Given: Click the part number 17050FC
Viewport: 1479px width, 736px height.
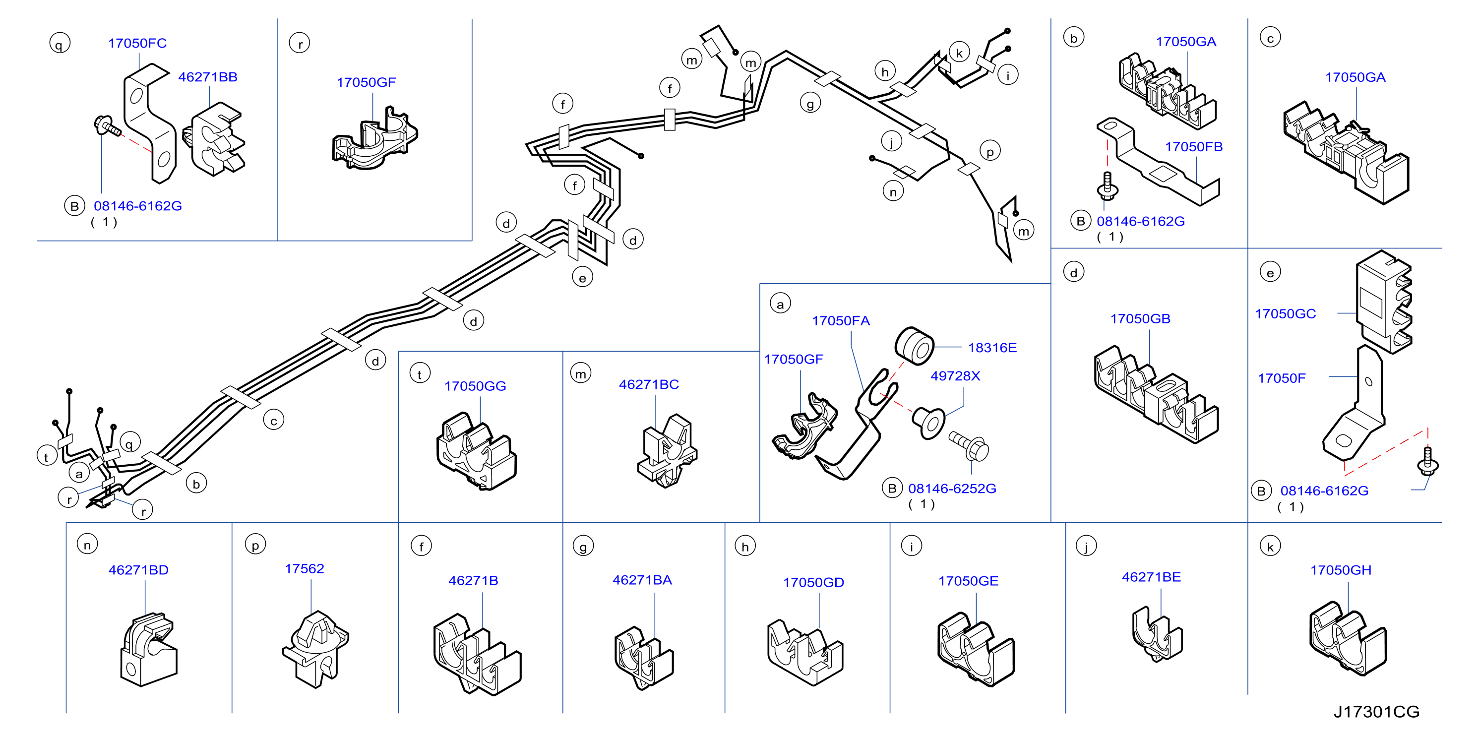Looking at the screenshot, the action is click(x=137, y=43).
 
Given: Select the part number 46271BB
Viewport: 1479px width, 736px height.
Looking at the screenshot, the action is click(x=208, y=77).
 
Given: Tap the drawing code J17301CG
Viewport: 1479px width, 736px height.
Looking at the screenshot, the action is click(x=1376, y=712).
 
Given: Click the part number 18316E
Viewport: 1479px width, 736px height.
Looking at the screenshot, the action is click(x=992, y=347).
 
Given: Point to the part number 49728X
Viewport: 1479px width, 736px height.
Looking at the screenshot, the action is click(x=955, y=376).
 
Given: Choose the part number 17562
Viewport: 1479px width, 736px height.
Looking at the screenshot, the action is click(x=305, y=568).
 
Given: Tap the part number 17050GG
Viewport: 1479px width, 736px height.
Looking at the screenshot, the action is click(x=475, y=386).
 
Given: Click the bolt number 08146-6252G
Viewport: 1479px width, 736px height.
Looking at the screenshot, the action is click(x=952, y=489).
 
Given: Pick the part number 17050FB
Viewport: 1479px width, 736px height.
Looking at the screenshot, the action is click(x=1194, y=147).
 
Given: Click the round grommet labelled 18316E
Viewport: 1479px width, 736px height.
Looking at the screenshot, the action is click(x=915, y=346).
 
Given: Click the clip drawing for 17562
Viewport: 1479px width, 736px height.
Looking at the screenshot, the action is click(x=315, y=649).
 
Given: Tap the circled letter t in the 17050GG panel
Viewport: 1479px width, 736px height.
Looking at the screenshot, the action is click(x=420, y=374).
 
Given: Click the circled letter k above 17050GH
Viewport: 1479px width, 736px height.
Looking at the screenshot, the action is click(x=1270, y=547).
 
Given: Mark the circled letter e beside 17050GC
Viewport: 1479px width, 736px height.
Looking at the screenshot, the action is click(x=1270, y=272).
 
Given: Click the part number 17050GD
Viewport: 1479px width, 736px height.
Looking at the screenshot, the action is click(x=813, y=582).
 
